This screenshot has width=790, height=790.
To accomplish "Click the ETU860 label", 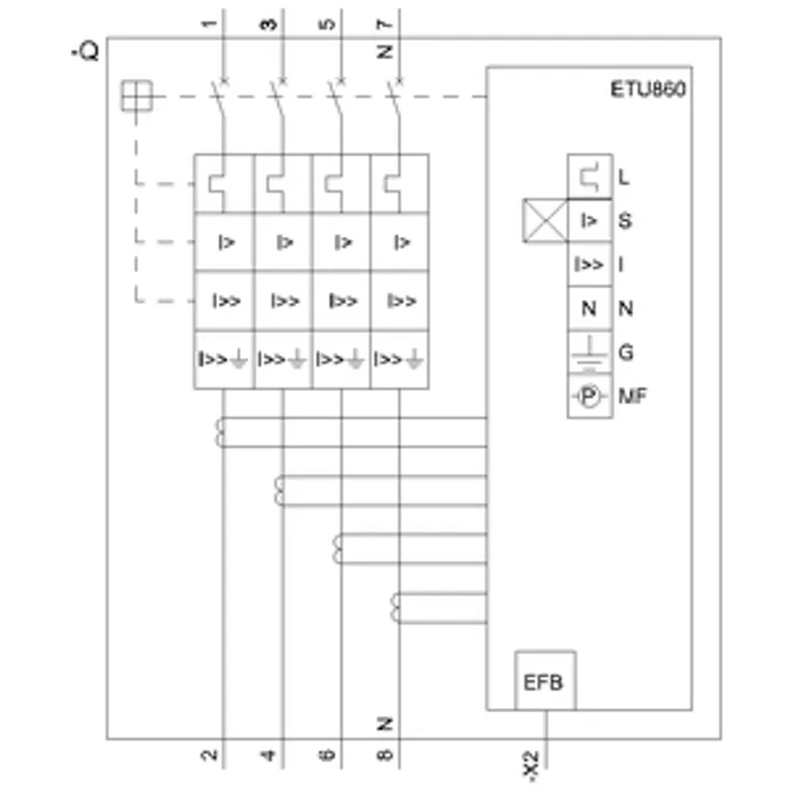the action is point(648,89).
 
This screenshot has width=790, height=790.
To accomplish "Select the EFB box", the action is point(545,680).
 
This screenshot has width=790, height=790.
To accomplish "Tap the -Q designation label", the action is point(85,51).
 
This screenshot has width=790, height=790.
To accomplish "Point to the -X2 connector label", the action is point(531,766).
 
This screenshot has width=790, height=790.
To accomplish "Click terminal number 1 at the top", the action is point(208,24).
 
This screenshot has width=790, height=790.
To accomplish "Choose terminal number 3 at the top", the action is point(269,24).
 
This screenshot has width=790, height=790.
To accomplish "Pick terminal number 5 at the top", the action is point(327,24).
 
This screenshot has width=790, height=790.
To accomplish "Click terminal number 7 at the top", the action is point(384,24).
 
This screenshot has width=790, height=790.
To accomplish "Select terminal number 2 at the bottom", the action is point(208,754).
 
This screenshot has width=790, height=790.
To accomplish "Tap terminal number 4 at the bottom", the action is point(269,754).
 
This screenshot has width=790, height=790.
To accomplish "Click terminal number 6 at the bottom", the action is point(327,754).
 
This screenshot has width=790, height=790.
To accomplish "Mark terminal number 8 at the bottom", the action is point(384,754).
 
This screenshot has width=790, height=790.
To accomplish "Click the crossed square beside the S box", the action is point(546,220).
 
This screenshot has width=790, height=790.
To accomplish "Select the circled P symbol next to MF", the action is point(589,396).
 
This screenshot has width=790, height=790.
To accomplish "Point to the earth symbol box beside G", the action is point(590,353).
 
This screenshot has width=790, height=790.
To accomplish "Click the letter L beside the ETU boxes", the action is point(624,178).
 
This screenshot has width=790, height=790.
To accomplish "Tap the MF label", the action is point(633,396).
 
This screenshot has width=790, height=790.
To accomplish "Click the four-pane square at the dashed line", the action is point(136,96).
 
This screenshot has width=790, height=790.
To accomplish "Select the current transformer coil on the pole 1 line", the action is point(220,433).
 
